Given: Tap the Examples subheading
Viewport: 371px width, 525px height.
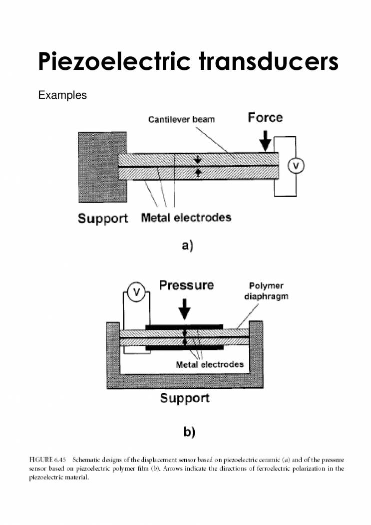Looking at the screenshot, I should click(62, 95).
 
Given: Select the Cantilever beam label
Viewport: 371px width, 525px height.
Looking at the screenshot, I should click(181, 120).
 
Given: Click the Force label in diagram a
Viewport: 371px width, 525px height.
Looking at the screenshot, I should click(265, 117).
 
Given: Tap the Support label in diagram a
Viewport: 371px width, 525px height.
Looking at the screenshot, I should click(103, 219).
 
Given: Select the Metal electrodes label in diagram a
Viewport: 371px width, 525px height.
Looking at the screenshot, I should click(186, 218).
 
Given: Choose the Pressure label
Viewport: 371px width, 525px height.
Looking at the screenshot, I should click(186, 285).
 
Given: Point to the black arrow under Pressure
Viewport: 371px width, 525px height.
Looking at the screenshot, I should click(185, 309).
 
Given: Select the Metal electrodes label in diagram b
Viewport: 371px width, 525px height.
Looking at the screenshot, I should click(210, 364).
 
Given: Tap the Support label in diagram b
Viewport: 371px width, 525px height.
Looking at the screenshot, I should click(185, 398).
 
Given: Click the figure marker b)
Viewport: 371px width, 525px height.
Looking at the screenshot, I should click(188, 432).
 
